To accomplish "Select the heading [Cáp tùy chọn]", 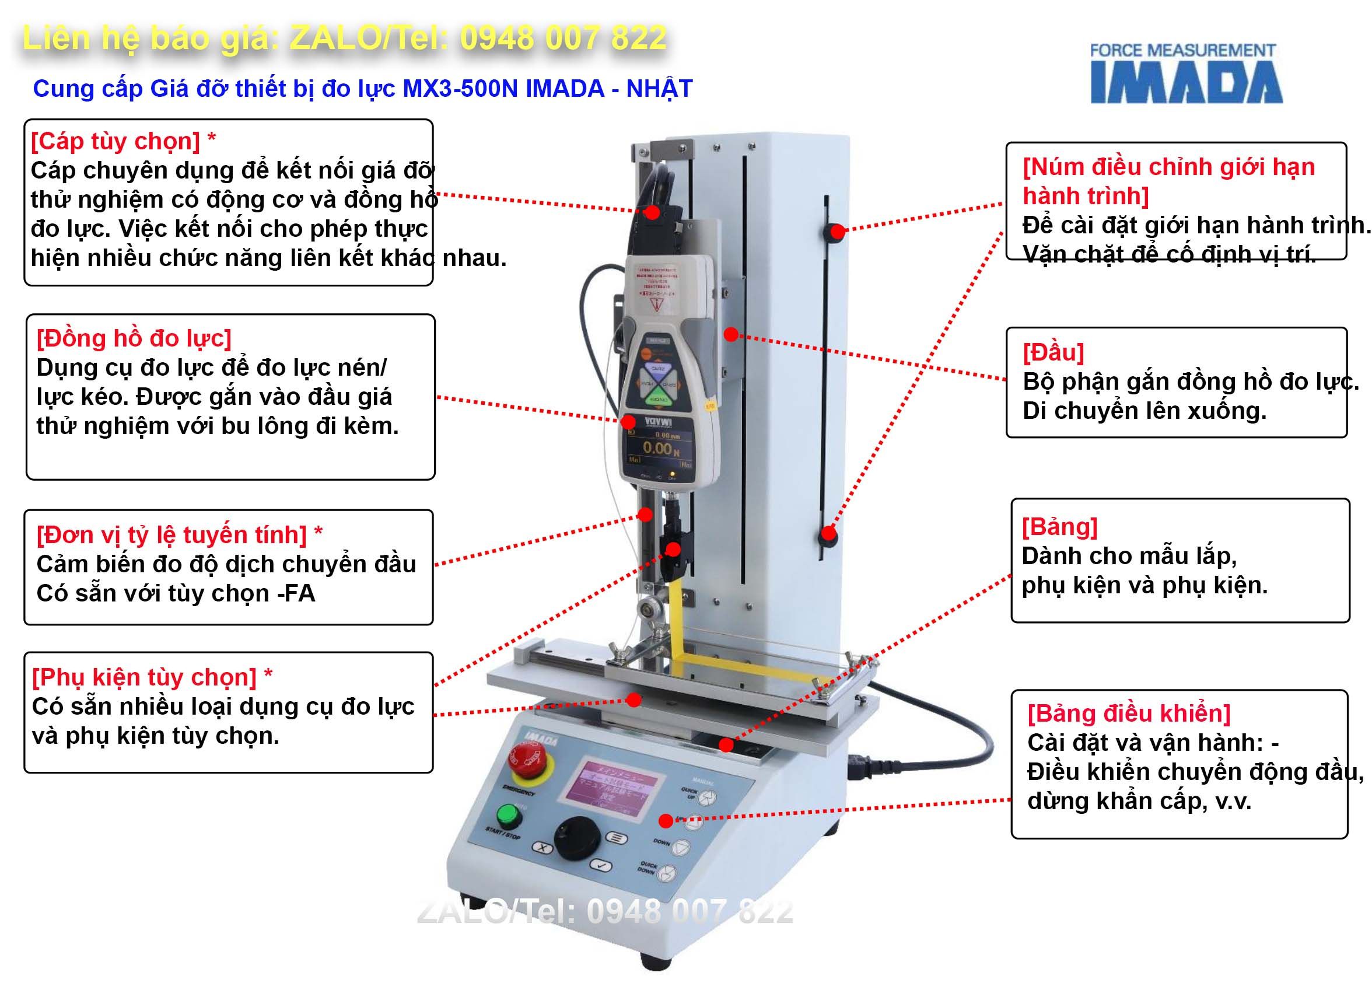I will click(x=116, y=141).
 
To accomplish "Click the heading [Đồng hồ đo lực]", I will click(x=134, y=338).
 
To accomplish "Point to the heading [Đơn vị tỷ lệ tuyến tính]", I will click(x=172, y=535).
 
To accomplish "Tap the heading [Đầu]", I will click(x=1053, y=352).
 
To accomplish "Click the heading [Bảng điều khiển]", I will click(x=1129, y=713).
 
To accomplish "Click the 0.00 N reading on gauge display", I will click(x=660, y=448).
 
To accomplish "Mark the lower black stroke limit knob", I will click(x=829, y=536).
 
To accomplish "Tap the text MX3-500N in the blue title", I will click(x=460, y=89).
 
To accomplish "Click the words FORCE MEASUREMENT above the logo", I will click(x=1182, y=51).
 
